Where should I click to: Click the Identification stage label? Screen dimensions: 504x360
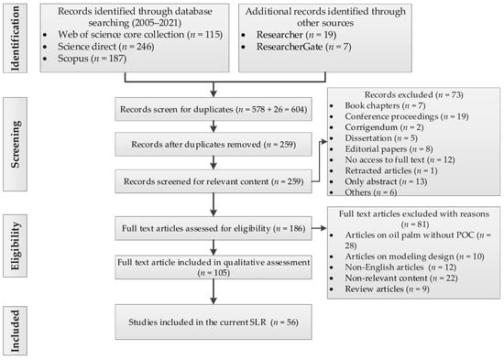point(15,38)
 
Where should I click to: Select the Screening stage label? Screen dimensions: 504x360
point(15,145)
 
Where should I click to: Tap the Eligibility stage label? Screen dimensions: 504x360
point(15,245)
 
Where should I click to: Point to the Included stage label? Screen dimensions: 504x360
point(15,331)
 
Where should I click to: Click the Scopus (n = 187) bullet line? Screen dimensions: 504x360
point(93,59)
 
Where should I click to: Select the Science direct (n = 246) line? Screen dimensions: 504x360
point(106,47)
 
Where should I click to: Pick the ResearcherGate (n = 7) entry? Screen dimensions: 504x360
point(303,47)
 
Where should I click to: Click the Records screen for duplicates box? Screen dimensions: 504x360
point(214,109)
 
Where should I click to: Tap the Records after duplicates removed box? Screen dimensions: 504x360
point(214,145)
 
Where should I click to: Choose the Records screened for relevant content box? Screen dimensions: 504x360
point(214,181)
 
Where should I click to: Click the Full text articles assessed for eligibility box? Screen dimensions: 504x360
point(214,228)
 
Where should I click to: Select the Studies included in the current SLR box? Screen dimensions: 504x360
point(214,322)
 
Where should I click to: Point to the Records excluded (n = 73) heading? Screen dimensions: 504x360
point(413,95)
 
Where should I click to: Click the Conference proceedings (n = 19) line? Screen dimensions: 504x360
point(407,116)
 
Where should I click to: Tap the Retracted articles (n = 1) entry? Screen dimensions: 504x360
point(391,170)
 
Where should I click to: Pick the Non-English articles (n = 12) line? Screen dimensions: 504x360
point(400,267)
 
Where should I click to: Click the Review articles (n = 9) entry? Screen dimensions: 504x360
point(387,289)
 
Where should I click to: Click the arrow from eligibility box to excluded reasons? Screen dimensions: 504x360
point(319,228)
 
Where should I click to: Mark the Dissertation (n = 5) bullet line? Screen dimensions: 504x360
point(381,138)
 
